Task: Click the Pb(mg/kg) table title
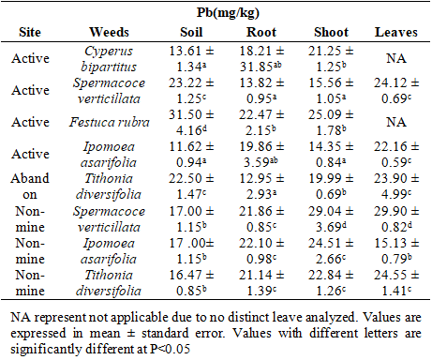[228, 13]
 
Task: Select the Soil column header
[191, 32]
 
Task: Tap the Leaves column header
[396, 32]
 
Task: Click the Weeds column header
[109, 32]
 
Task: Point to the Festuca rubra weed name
[109, 122]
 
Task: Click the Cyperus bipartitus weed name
[109, 59]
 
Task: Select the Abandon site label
[30, 187]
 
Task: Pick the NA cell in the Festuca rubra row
[396, 122]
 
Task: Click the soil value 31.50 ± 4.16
[191, 122]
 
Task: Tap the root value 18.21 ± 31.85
[261, 59]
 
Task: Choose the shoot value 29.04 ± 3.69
[331, 218]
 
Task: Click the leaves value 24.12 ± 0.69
[396, 91]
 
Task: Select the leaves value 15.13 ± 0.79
[396, 251]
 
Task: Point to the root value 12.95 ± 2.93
[261, 187]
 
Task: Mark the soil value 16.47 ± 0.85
[191, 283]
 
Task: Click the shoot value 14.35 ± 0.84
[331, 154]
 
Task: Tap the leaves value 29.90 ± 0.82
[396, 218]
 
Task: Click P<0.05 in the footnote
[170, 349]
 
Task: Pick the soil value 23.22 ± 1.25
[191, 91]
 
